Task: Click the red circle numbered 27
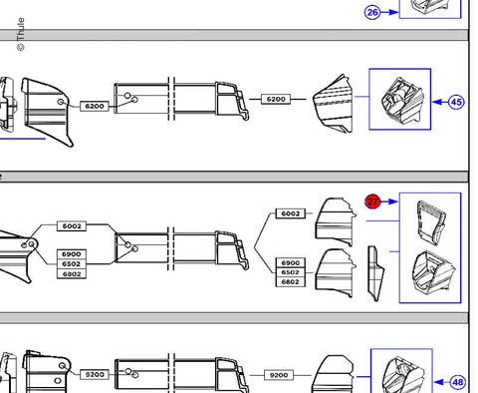(372, 201)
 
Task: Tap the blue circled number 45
(456, 102)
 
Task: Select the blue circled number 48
(458, 382)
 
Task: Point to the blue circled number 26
(372, 13)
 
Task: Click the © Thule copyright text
(21, 34)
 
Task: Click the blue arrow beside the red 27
(389, 201)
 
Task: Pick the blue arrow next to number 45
(440, 102)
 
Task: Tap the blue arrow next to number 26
(389, 13)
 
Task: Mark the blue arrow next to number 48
(442, 382)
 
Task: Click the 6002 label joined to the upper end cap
(291, 213)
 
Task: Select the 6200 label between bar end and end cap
(276, 99)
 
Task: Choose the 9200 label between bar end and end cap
(279, 375)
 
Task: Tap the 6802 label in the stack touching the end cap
(291, 282)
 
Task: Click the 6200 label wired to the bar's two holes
(95, 106)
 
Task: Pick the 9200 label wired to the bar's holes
(95, 375)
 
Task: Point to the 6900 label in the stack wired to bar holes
(72, 254)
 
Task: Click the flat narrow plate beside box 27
(375, 273)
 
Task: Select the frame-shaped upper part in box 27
(430, 223)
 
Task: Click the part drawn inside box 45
(402, 100)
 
